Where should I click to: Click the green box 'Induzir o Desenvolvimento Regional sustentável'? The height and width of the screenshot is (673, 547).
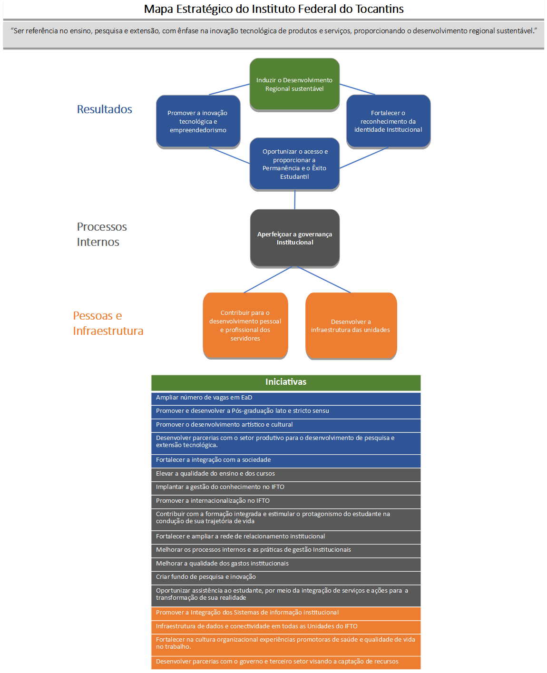[x=294, y=84]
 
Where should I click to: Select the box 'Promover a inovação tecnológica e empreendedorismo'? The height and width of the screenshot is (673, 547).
[x=198, y=121]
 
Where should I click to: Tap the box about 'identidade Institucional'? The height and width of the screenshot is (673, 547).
[x=388, y=121]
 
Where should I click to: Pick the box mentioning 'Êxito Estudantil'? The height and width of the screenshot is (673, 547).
[x=294, y=164]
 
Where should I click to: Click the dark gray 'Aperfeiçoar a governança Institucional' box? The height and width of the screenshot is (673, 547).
[x=294, y=238]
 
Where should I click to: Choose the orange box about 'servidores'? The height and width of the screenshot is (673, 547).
[x=245, y=325]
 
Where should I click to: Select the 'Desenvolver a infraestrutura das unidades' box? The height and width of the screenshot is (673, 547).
[x=351, y=326]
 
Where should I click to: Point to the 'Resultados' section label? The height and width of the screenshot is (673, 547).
[x=104, y=109]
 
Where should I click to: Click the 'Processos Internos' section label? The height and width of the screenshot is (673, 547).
[x=102, y=234]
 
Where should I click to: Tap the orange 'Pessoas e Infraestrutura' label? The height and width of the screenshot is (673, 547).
[x=108, y=323]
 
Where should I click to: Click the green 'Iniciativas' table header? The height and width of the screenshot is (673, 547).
[x=286, y=382]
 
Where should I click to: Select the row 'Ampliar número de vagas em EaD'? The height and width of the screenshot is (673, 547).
[x=286, y=399]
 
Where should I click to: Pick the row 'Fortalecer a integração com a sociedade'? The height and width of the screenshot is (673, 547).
[x=286, y=461]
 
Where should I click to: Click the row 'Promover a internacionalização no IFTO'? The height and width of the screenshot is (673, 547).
[x=286, y=501]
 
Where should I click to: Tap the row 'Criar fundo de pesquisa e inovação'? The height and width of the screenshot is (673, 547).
[x=286, y=577]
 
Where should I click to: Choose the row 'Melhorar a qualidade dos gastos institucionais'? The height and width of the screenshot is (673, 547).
[x=286, y=564]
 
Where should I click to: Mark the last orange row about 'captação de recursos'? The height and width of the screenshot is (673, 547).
[x=286, y=662]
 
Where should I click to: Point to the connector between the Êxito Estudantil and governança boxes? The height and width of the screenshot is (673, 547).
[x=294, y=200]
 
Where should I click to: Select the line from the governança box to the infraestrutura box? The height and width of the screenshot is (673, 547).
[x=323, y=280]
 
